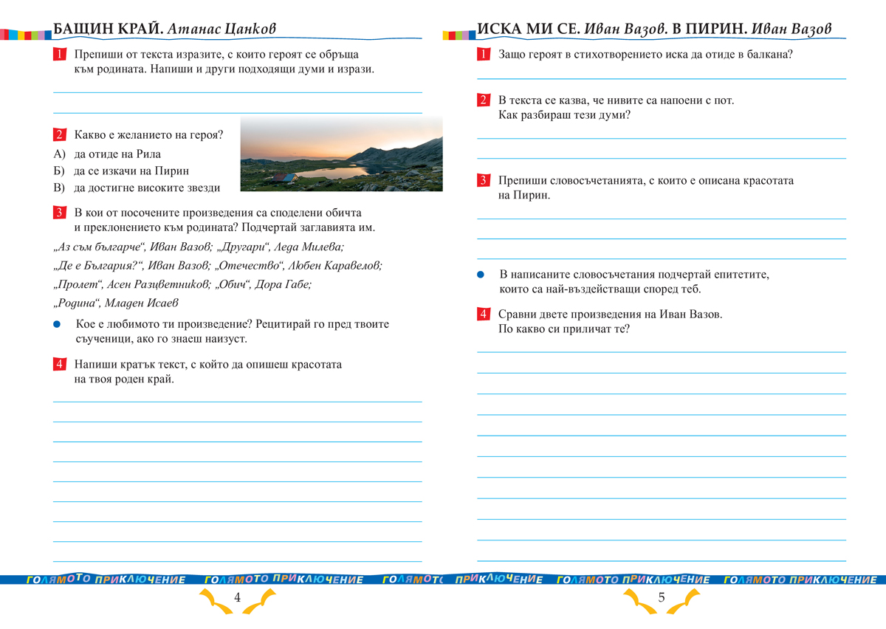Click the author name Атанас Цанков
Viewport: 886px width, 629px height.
click(221, 30)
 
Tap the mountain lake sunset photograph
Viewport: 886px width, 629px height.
click(341, 154)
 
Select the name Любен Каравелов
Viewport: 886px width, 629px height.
click(338, 266)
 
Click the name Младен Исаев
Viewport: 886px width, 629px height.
click(142, 303)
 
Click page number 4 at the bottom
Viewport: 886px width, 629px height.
click(237, 598)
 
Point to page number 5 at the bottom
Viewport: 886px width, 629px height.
click(661, 598)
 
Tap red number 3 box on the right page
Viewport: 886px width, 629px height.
click(483, 181)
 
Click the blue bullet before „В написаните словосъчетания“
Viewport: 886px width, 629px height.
click(480, 275)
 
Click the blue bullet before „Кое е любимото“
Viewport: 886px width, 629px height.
click(57, 324)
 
